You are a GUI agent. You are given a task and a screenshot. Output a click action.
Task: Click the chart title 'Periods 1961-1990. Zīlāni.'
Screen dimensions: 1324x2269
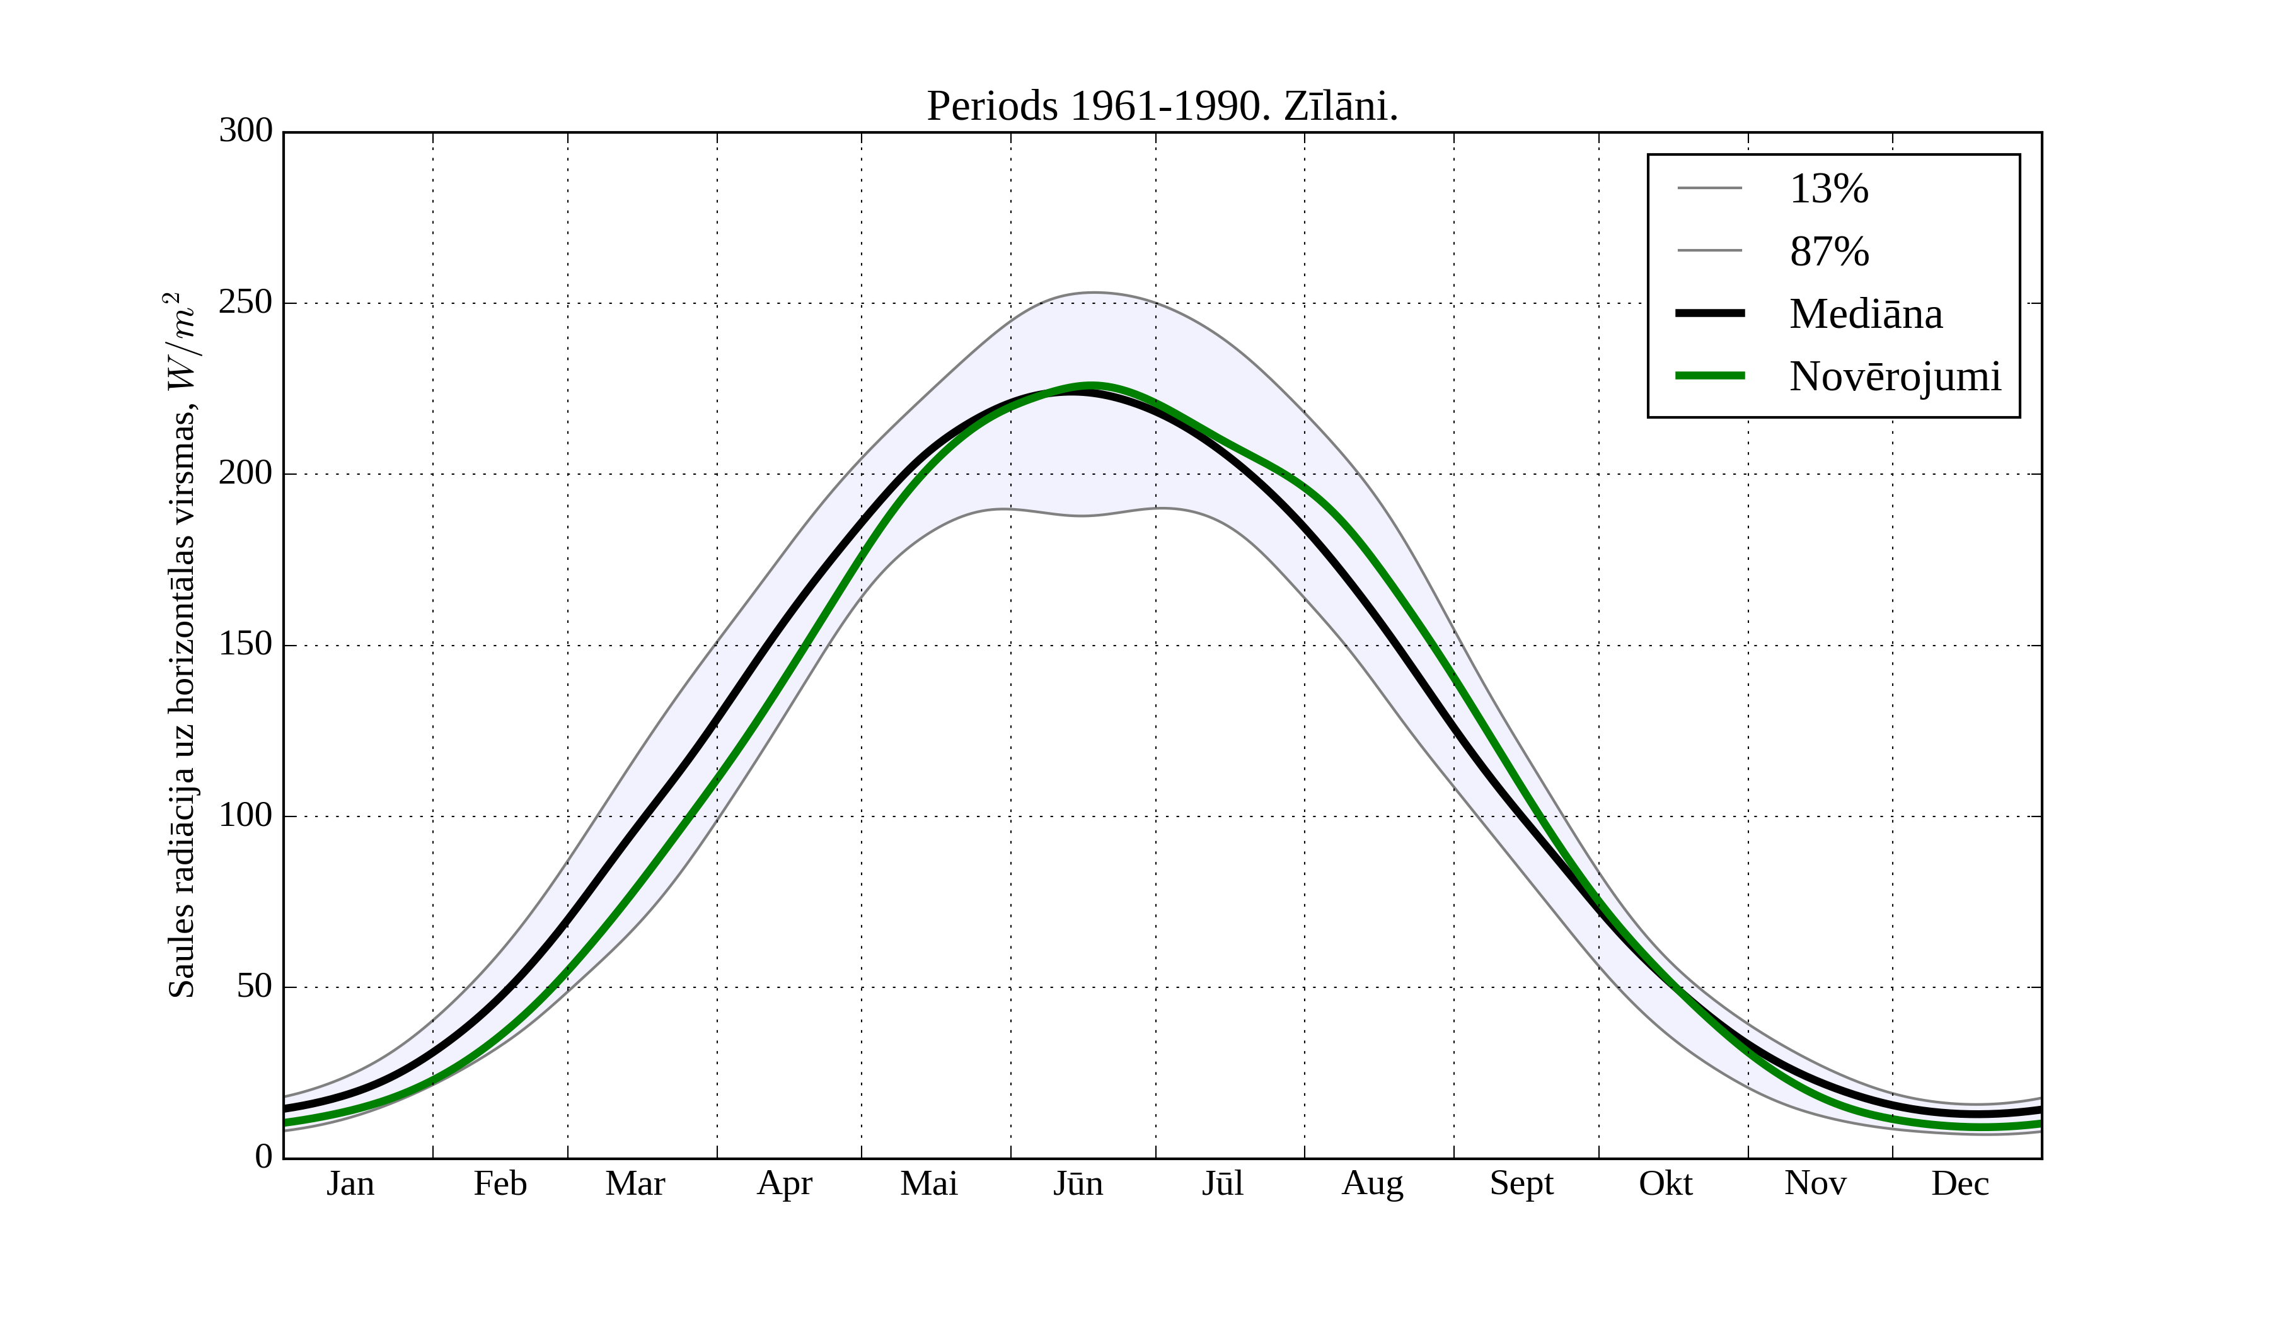(x=1162, y=107)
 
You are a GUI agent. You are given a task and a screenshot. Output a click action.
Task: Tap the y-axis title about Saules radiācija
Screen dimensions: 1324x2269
(x=182, y=645)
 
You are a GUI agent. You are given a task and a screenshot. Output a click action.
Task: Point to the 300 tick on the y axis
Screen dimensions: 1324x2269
(x=246, y=132)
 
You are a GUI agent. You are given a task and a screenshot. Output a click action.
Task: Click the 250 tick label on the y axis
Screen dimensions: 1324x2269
(x=246, y=303)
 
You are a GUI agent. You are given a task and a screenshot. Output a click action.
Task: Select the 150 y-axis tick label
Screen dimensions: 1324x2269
(x=246, y=645)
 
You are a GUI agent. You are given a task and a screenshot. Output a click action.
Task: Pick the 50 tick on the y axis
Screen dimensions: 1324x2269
(x=254, y=987)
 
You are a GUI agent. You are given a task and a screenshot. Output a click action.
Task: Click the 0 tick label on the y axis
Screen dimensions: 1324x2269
(x=264, y=1156)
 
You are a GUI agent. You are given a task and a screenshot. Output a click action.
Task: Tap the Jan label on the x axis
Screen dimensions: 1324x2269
(x=350, y=1183)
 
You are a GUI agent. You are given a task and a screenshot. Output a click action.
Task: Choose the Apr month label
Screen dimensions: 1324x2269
(x=784, y=1183)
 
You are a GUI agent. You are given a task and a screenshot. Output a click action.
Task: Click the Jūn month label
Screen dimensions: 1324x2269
(x=1078, y=1183)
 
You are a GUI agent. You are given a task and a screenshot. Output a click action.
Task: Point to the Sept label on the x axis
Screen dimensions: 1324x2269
(x=1521, y=1183)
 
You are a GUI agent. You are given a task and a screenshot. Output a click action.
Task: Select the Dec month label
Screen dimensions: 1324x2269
(x=1960, y=1183)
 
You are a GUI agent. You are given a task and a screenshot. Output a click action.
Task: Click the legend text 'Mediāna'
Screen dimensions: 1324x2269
(x=1866, y=315)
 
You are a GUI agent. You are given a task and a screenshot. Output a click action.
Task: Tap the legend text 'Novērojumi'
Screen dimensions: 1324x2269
(x=1895, y=376)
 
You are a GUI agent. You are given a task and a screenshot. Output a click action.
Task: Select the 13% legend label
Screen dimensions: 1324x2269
(x=1828, y=189)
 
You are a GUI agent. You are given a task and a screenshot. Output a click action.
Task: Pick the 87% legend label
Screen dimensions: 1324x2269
(x=1828, y=252)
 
